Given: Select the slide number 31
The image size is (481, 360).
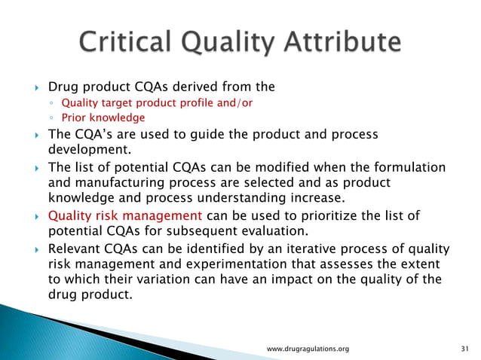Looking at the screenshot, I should tap(464, 349).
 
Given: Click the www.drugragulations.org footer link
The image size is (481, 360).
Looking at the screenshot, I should tap(309, 349).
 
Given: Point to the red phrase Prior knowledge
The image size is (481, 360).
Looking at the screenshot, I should tap(103, 117).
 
